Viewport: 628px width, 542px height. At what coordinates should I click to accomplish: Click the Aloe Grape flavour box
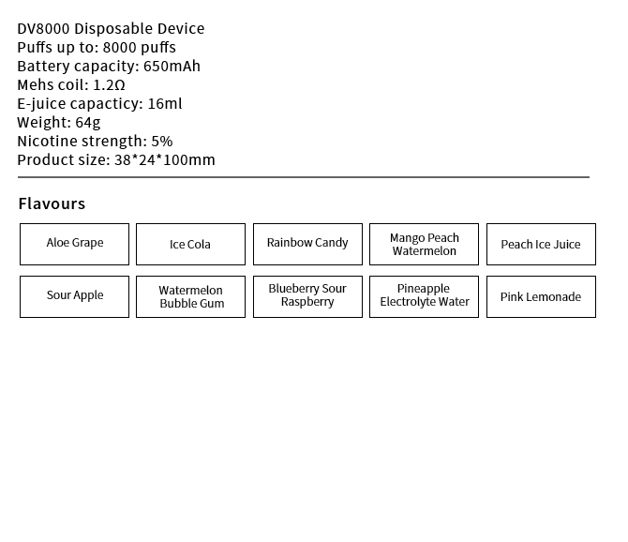point(75,244)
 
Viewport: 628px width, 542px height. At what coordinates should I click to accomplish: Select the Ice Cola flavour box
point(190,245)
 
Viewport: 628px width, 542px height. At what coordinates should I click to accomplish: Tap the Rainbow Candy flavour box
point(307,244)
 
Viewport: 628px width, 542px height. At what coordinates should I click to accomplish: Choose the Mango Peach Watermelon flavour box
point(424,245)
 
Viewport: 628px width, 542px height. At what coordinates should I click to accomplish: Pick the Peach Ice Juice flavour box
point(541,245)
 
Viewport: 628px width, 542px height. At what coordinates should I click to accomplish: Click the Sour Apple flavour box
point(75,296)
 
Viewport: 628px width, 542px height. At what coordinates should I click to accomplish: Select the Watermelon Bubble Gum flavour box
point(190,297)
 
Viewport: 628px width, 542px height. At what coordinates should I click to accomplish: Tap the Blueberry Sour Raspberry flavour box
point(307,296)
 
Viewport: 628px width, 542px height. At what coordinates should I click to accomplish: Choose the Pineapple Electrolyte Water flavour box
point(424,296)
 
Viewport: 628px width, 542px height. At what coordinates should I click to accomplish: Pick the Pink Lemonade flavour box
point(541,297)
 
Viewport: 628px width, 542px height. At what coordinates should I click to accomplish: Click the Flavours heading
point(52,204)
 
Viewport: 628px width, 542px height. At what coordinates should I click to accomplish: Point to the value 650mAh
point(172,67)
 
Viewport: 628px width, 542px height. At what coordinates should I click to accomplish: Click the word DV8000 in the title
point(43,29)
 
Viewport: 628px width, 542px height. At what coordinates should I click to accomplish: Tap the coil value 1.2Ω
point(109,85)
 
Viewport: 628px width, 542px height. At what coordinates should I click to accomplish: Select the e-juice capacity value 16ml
point(165,104)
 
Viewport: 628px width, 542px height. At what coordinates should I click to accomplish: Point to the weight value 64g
point(88,123)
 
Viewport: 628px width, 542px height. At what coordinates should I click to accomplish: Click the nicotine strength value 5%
point(162,142)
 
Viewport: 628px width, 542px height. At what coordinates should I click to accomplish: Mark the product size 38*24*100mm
point(165,160)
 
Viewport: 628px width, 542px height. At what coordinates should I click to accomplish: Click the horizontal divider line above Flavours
point(303,176)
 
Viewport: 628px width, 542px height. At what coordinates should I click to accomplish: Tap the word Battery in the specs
point(43,67)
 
